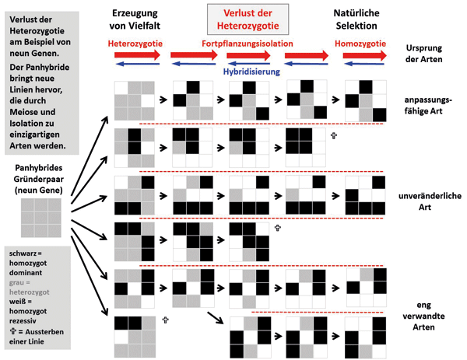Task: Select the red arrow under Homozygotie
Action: point(360,56)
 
